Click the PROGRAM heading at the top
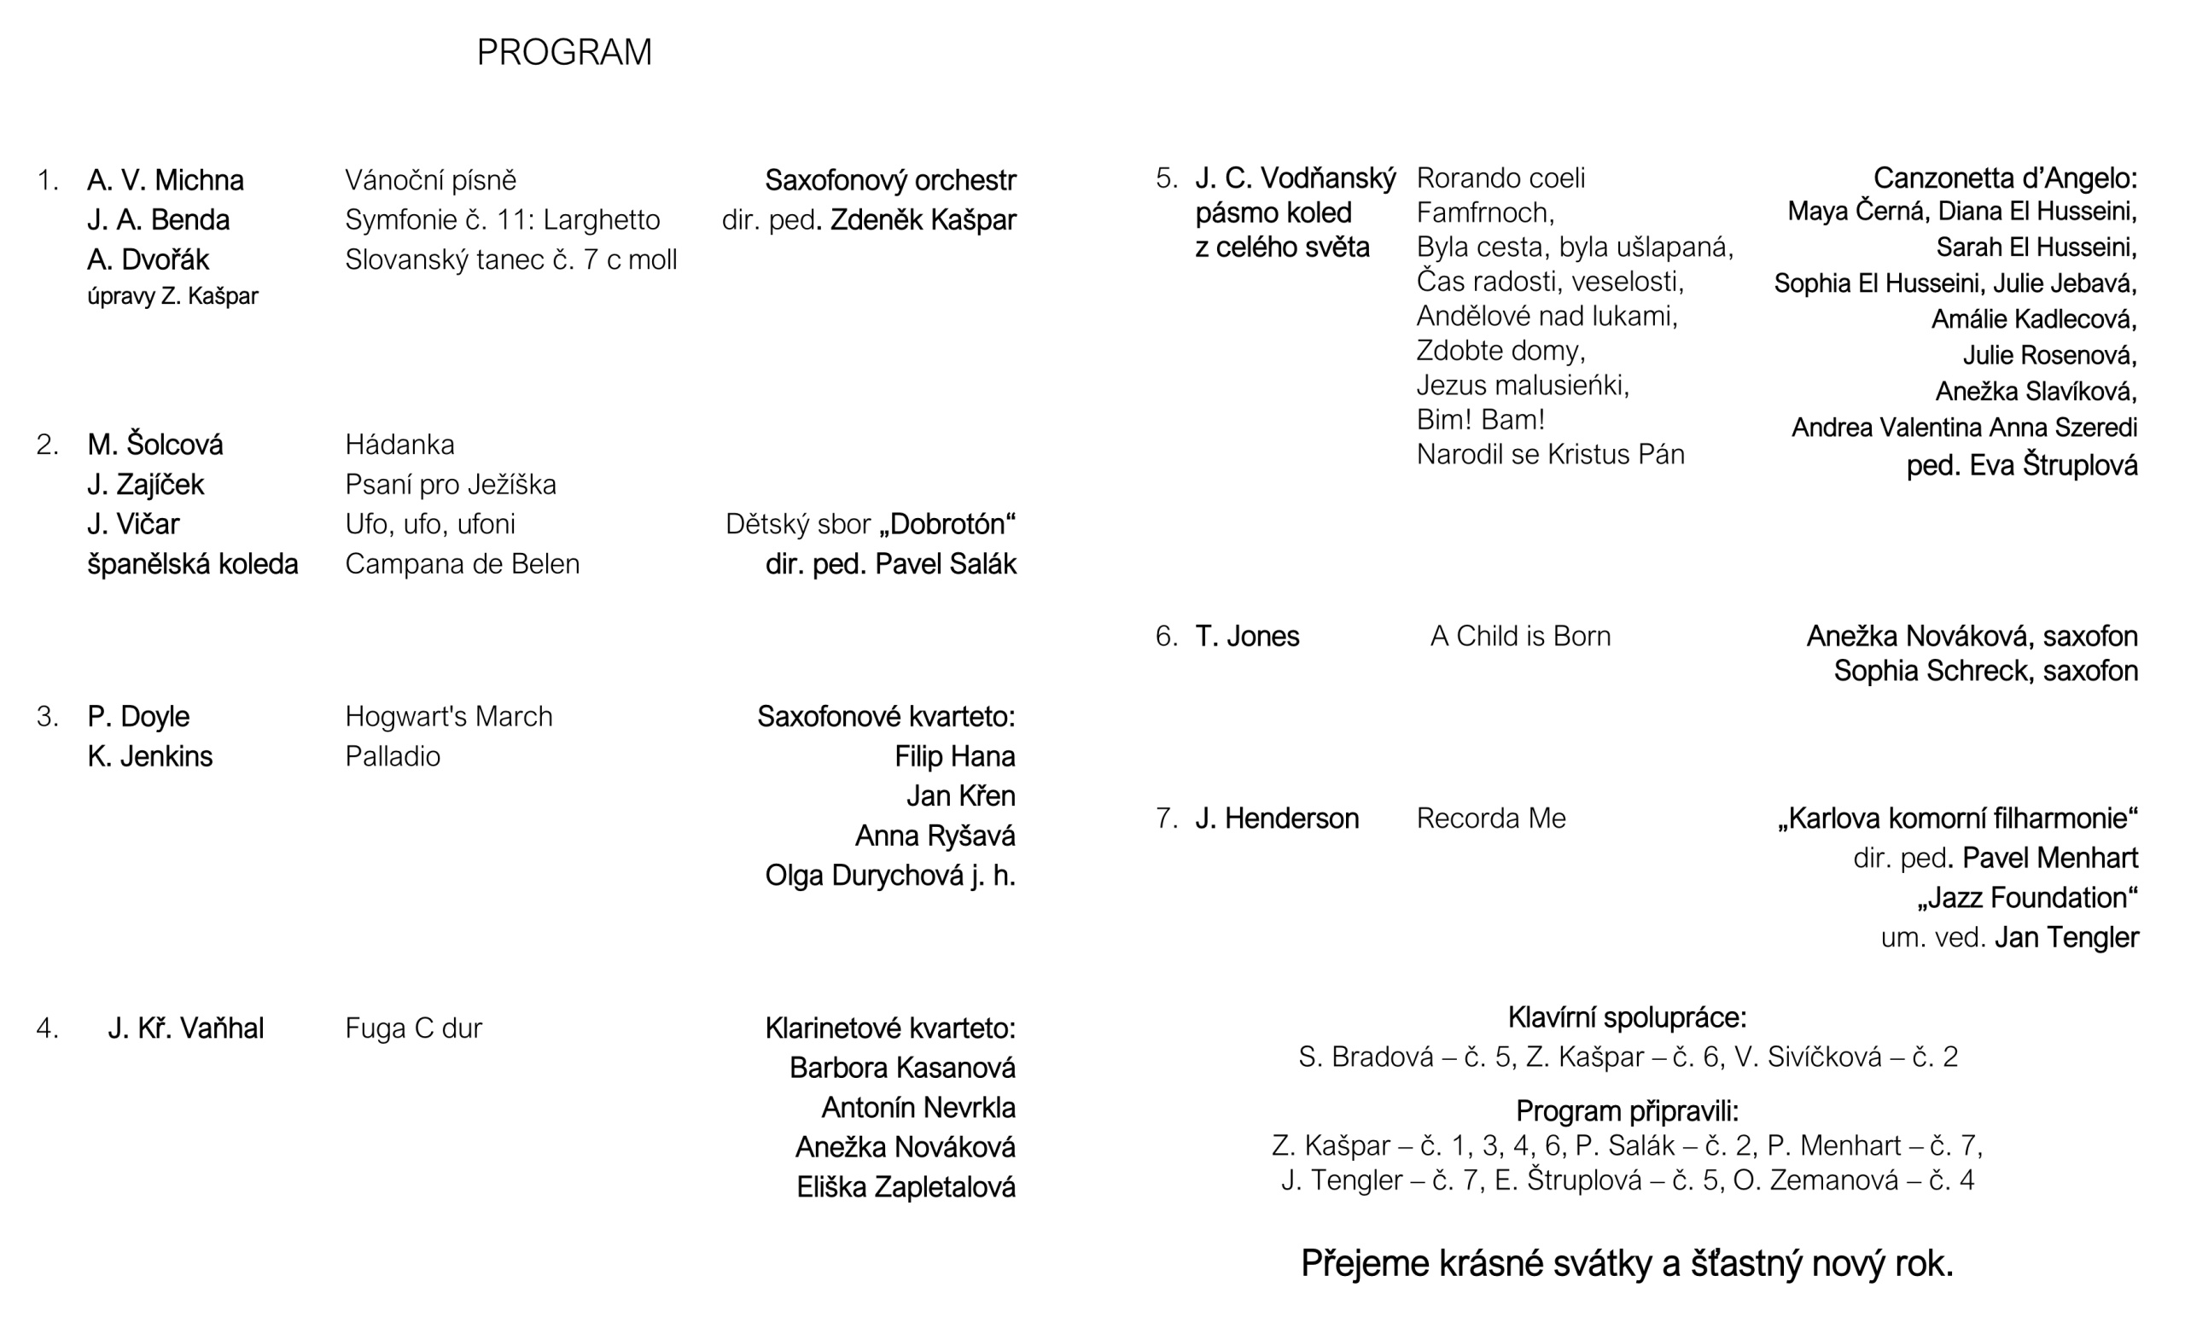(564, 52)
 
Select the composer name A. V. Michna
(165, 180)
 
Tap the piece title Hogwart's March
(448, 716)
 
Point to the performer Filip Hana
(954, 756)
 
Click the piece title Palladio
(392, 756)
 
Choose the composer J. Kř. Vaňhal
(185, 1028)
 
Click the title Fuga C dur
(413, 1028)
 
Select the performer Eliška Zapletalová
(906, 1187)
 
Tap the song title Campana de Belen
(462, 564)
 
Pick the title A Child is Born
(1520, 636)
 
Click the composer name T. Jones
(1247, 636)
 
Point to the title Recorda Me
(1490, 818)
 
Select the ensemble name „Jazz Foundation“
(2027, 897)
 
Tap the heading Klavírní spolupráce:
(1627, 1017)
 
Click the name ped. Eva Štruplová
(2022, 464)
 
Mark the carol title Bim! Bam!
(1480, 419)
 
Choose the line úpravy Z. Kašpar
(172, 296)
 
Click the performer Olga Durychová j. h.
(889, 875)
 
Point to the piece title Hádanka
(399, 444)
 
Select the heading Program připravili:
(1627, 1111)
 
